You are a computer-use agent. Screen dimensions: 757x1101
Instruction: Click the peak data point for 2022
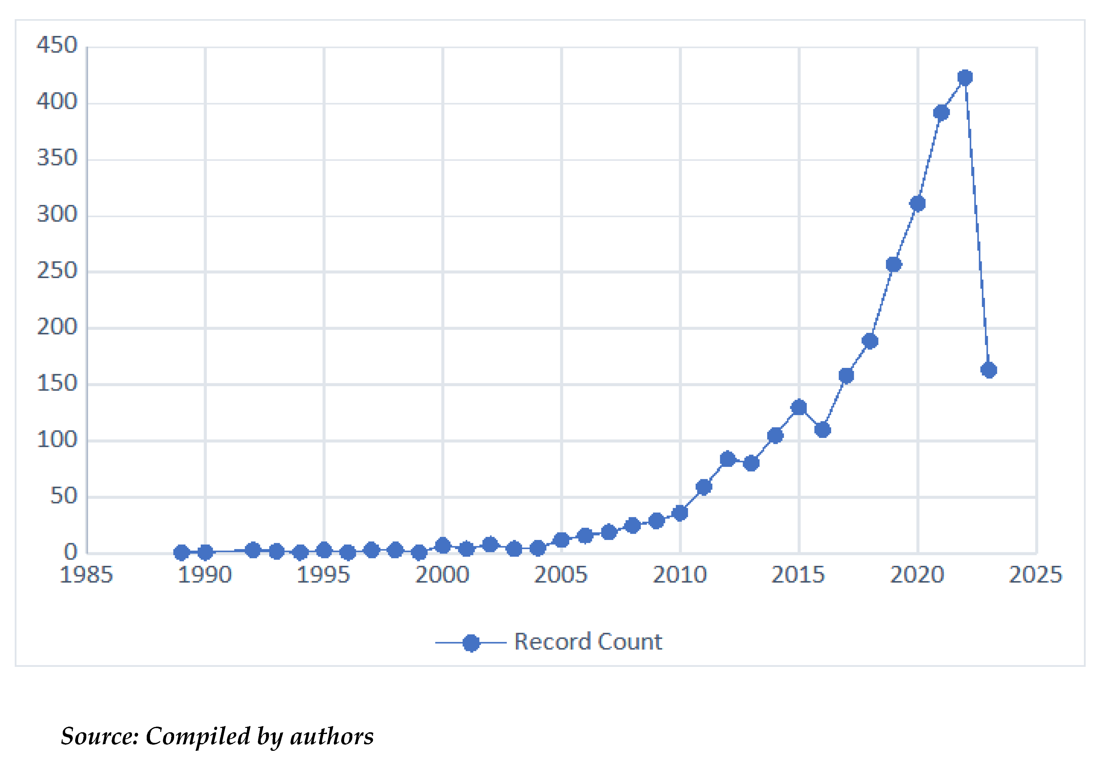pyautogui.click(x=965, y=77)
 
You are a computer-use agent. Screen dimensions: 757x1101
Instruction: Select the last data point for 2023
pyautogui.click(x=988, y=370)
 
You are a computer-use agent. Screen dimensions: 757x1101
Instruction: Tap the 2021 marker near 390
pyautogui.click(x=941, y=113)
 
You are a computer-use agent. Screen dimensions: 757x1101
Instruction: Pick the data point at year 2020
pyautogui.click(x=917, y=204)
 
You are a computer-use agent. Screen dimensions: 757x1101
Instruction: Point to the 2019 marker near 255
pyautogui.click(x=894, y=264)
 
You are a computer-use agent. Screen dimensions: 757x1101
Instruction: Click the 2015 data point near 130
pyautogui.click(x=799, y=407)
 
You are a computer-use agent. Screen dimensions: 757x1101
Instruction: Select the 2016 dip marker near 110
pyautogui.click(x=823, y=430)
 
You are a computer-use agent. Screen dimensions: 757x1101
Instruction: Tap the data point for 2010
pyautogui.click(x=680, y=513)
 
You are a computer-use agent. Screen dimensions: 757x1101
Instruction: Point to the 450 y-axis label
pyautogui.click(x=57, y=46)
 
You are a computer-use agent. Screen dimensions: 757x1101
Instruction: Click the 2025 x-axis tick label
pyautogui.click(x=1036, y=575)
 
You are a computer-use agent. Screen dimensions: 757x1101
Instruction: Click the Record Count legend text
pyautogui.click(x=588, y=642)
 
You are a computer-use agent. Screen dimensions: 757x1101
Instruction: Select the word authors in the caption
pyautogui.click(x=332, y=736)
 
